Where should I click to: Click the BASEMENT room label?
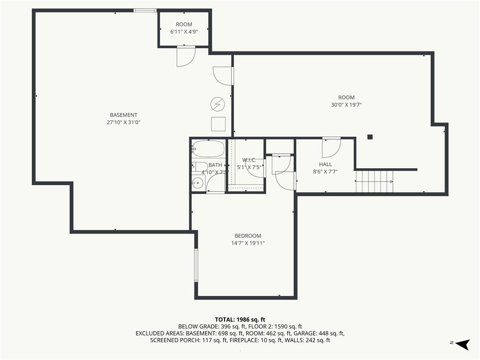tap(124, 115)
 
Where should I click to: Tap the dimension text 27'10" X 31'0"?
tap(124, 122)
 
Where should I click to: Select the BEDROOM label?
tap(248, 236)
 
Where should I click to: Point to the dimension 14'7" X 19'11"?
tap(248, 243)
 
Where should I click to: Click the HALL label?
tap(325, 165)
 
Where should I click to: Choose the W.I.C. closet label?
tap(249, 160)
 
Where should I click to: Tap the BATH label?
tap(215, 165)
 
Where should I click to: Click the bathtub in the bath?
tap(208, 149)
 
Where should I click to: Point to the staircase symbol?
tap(375, 182)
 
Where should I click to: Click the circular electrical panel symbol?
tap(217, 103)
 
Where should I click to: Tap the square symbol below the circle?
tap(218, 124)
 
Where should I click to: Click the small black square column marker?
tap(370, 137)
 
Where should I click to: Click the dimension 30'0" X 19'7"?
tap(346, 105)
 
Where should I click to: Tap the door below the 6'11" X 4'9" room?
tap(186, 56)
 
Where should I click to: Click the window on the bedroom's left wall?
tap(196, 265)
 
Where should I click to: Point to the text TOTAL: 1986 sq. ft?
tap(240, 319)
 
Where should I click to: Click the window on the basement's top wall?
tap(145, 10)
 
